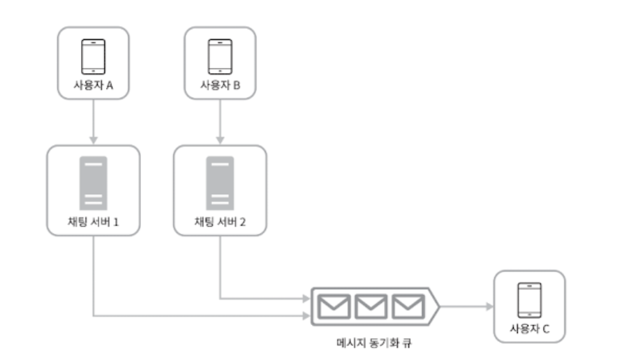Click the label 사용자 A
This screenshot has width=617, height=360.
click(94, 85)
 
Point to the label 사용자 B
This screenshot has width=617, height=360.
click(220, 85)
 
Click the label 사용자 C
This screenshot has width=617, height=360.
click(529, 329)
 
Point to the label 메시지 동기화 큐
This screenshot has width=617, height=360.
click(373, 344)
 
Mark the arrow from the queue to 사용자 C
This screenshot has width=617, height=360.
click(464, 306)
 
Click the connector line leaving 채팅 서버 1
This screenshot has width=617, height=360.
click(94, 279)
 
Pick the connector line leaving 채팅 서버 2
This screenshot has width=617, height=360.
click(220, 272)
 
